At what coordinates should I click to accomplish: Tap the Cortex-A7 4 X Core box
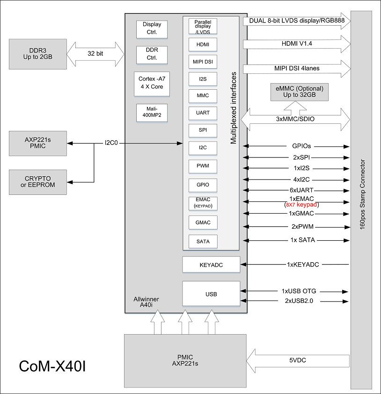point(152,83)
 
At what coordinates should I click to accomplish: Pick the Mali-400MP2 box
point(152,113)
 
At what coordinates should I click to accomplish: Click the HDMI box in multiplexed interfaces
point(203,44)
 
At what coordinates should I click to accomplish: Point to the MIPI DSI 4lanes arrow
point(297,69)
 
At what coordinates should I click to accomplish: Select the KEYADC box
point(211,265)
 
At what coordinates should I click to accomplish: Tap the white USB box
point(211,294)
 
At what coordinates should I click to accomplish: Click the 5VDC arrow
point(298,361)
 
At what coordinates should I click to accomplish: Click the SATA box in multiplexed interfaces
point(203,241)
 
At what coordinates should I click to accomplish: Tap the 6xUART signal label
point(301,190)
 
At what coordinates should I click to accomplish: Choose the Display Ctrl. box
point(152,29)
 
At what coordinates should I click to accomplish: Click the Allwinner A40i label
point(146,302)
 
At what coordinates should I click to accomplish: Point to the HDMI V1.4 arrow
point(297,44)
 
